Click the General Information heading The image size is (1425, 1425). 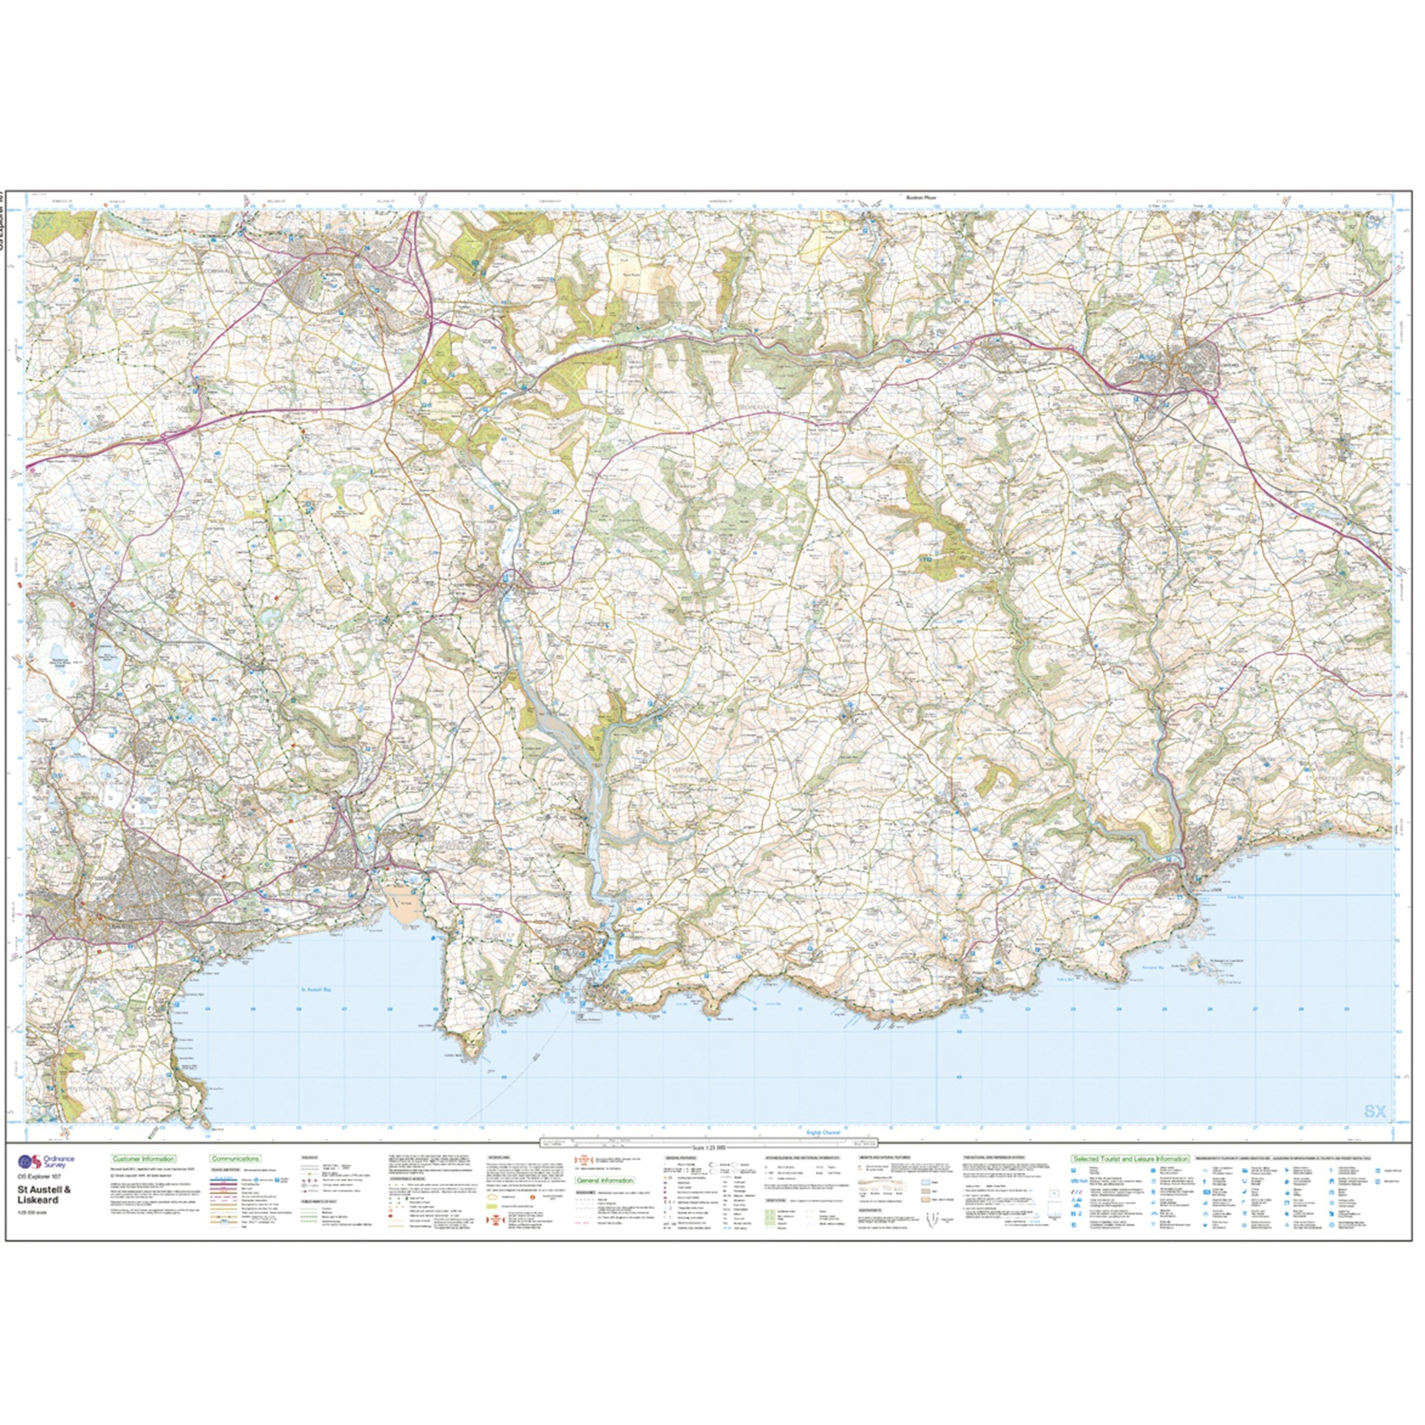(604, 1181)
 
